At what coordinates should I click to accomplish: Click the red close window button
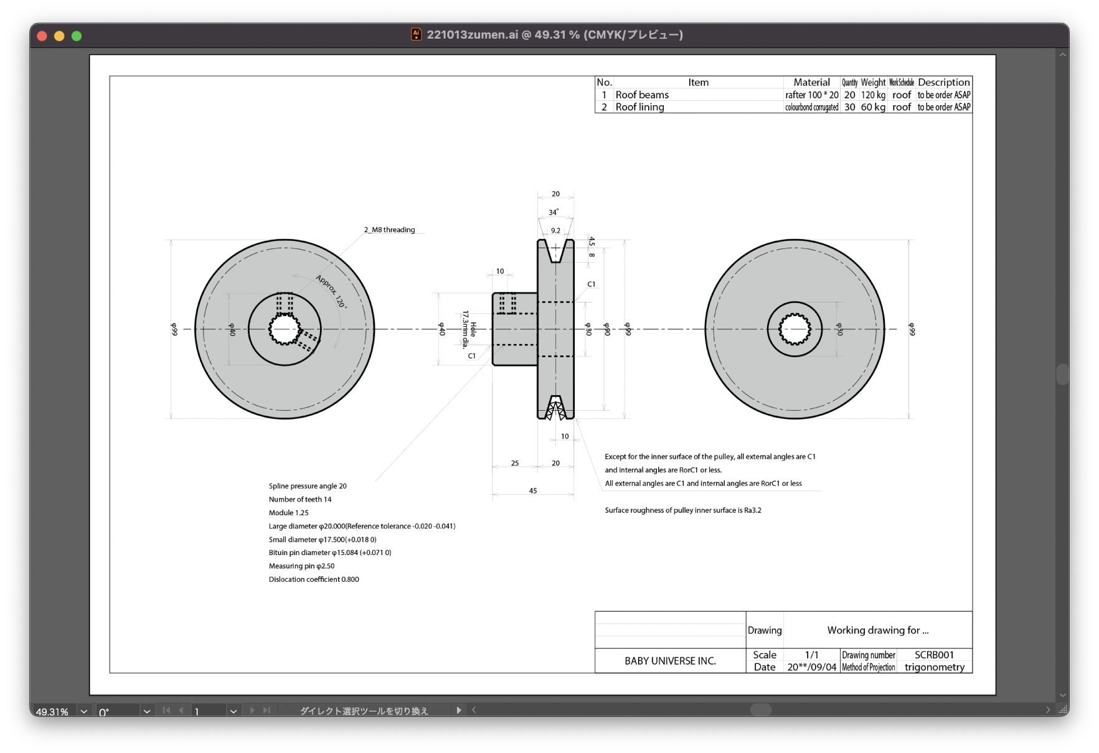tap(42, 36)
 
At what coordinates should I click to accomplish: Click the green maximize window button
tap(77, 36)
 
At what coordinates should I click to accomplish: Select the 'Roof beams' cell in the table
tap(642, 95)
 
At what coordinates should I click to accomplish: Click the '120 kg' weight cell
tap(873, 95)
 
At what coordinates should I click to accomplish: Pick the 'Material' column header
tap(811, 82)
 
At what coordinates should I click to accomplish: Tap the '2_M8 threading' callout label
tap(389, 230)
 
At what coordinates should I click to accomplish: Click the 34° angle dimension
tap(553, 212)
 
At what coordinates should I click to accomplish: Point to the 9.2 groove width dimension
tap(555, 230)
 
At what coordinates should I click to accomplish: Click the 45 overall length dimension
tap(533, 490)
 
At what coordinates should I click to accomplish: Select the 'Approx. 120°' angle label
tap(331, 291)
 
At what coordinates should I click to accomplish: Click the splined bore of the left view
tap(285, 329)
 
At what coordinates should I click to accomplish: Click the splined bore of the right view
tap(795, 329)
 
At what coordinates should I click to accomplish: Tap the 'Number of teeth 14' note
tap(300, 499)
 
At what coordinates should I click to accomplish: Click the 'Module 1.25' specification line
tap(288, 513)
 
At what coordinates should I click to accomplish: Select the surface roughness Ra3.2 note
tap(682, 510)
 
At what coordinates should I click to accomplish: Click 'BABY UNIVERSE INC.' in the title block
tap(670, 661)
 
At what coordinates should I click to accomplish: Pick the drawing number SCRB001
tap(934, 655)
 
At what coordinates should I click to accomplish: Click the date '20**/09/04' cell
tap(811, 667)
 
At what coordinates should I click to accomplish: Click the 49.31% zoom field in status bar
tap(52, 711)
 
